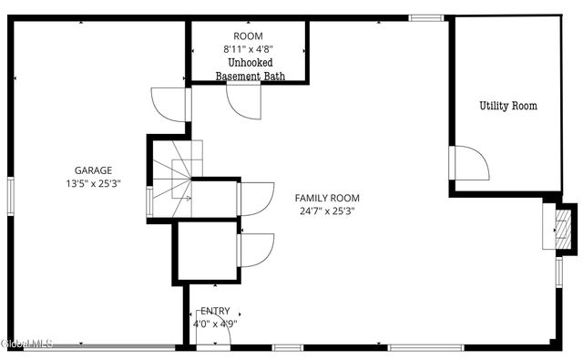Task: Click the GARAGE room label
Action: [x=93, y=170]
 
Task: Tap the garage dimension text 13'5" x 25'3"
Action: [x=93, y=182]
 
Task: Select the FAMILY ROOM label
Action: [x=326, y=198]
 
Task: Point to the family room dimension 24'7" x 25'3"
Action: [x=326, y=211]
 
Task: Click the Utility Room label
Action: [x=508, y=106]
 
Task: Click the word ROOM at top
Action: [x=248, y=37]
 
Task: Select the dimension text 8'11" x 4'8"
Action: [x=248, y=50]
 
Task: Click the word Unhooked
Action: [x=250, y=63]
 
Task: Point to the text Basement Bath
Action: [x=250, y=77]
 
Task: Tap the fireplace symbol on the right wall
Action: [x=558, y=226]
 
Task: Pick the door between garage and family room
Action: [x=171, y=103]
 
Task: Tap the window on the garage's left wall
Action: [x=10, y=195]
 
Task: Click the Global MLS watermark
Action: [x=27, y=344]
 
